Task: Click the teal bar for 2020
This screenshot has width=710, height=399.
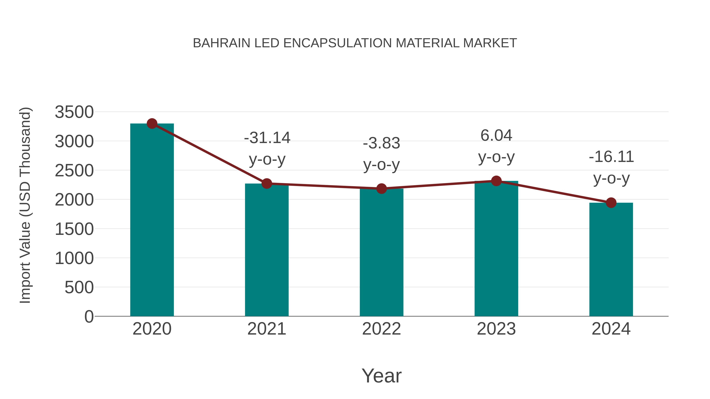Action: coord(152,220)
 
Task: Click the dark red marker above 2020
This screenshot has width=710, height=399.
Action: coord(152,124)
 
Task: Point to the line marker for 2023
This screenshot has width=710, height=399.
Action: coord(496,181)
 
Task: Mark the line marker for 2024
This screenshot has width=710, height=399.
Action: coord(611,203)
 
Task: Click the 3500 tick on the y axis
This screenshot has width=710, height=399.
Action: coord(74,112)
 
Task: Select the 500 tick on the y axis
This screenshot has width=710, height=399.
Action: coord(79,287)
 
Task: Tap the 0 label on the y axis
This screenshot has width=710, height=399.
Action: coord(89,316)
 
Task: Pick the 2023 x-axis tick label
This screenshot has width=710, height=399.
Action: coord(496,329)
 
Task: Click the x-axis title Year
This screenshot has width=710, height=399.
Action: coord(381,376)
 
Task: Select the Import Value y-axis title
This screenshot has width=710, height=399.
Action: coord(25,205)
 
